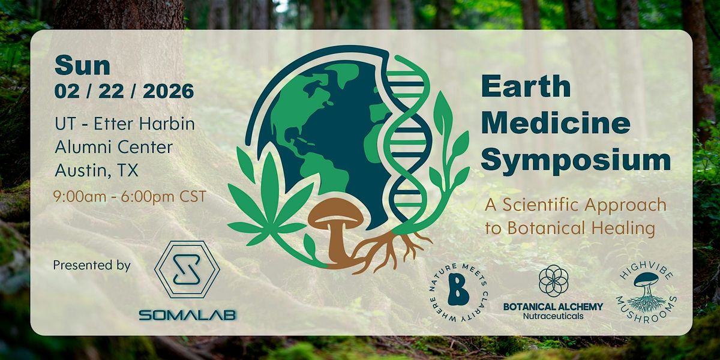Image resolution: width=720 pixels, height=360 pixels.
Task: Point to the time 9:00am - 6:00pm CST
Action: (130, 196)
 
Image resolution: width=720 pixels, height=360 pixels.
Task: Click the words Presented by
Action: (92, 265)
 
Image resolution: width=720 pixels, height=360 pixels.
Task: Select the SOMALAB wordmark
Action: (187, 314)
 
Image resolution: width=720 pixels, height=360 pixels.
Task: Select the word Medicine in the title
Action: (556, 124)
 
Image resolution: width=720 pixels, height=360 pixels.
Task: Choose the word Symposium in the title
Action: (575, 160)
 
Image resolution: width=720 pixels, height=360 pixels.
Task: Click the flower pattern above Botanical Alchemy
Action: (553, 281)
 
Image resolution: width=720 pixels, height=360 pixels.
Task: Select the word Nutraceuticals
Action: (553, 316)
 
